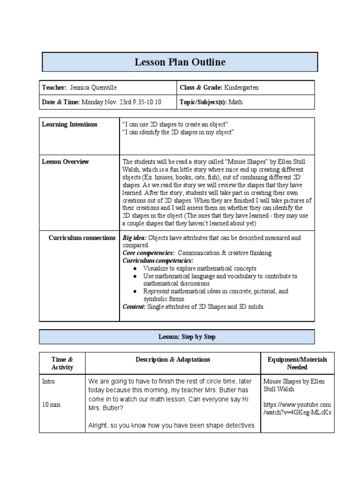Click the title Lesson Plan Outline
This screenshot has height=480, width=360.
[180, 62]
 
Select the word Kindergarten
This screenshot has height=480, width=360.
[241, 88]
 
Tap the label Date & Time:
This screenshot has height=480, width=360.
[61, 102]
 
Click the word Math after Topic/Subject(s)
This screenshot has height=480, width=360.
[236, 102]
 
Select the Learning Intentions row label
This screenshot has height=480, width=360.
[69, 124]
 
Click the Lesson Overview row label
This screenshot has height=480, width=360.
[65, 162]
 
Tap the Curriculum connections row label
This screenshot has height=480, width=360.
[82, 238]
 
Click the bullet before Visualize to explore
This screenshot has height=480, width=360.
[135, 269]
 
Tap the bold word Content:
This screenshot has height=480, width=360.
[134, 306]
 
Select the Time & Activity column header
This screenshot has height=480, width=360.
[62, 363]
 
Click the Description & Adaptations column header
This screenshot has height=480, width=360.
[173, 360]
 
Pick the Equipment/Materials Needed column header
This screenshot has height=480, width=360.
[297, 363]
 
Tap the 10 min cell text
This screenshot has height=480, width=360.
[51, 404]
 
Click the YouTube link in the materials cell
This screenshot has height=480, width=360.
[297, 408]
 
